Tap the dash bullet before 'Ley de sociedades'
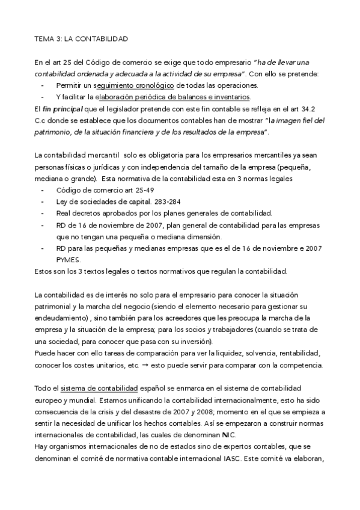point(42,201)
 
